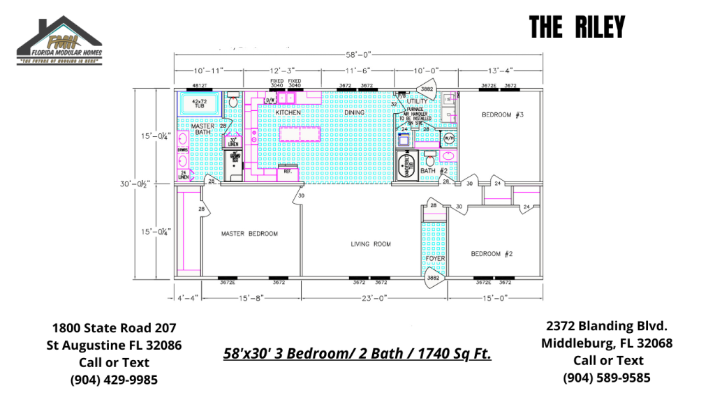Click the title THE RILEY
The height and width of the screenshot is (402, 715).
[x=576, y=27]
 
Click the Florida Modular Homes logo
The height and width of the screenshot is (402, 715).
[x=60, y=41]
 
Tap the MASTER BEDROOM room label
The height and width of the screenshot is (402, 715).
[x=249, y=234]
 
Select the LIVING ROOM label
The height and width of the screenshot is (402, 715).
[x=370, y=244]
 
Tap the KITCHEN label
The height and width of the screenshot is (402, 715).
[x=288, y=112]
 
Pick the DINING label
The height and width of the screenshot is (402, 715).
[x=355, y=112]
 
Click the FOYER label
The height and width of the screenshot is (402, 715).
[x=436, y=259]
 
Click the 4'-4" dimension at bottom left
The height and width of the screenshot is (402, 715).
[x=186, y=298]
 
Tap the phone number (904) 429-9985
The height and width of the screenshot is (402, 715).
[x=114, y=380]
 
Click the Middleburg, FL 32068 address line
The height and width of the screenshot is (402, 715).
[x=607, y=343]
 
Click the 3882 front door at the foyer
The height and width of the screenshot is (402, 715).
[x=434, y=278]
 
